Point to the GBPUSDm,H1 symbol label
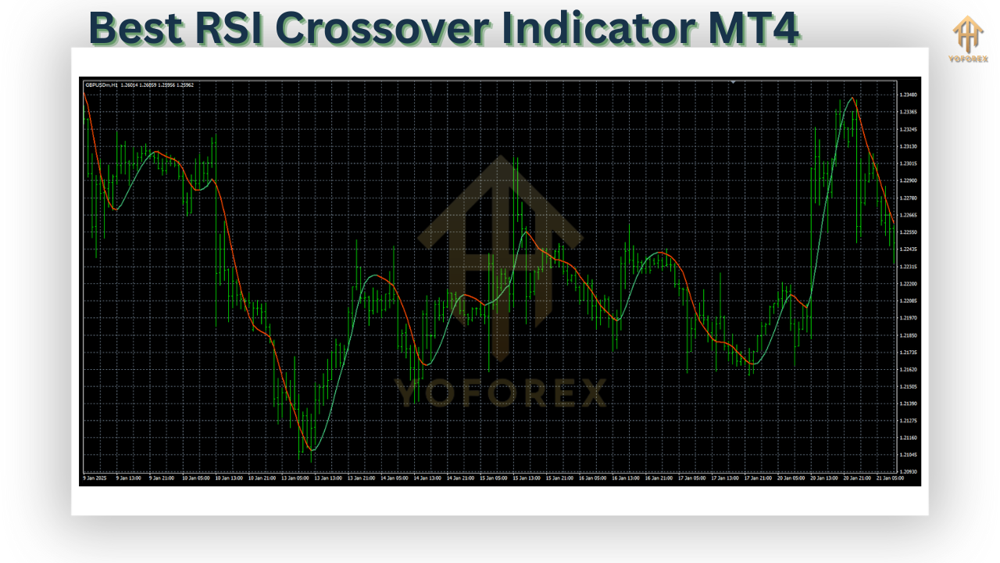point(101,84)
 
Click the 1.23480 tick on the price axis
point(908,95)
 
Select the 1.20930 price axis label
point(908,472)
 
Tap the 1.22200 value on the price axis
point(908,284)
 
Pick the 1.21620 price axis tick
point(908,369)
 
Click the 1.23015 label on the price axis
point(908,163)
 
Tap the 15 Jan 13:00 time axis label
point(527,478)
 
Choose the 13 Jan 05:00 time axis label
point(295,478)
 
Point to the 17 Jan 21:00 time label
point(757,478)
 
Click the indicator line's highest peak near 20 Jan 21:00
point(852,98)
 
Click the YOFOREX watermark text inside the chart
point(500,393)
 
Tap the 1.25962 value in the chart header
point(185,84)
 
